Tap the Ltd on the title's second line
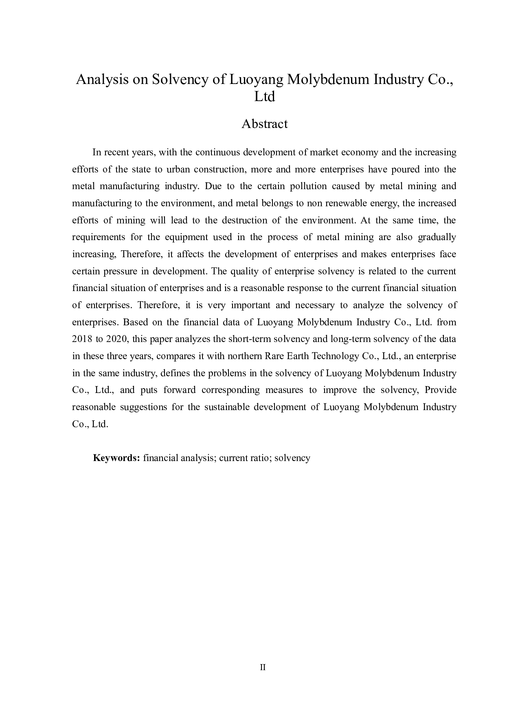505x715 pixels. [x=264, y=97]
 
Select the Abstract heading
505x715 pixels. [x=264, y=124]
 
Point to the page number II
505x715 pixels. [x=263, y=667]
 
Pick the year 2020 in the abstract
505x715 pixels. [x=116, y=339]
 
